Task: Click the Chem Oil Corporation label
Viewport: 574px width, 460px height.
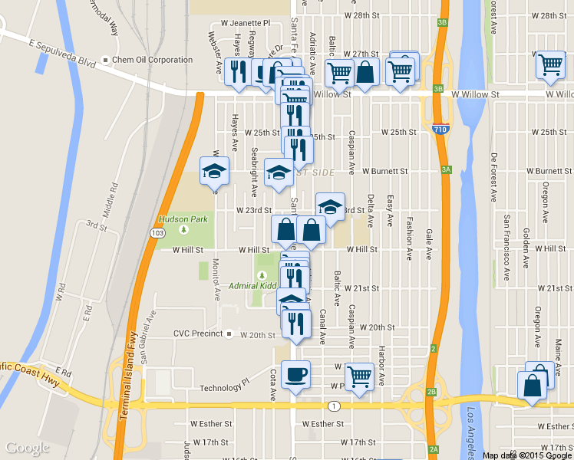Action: (x=152, y=60)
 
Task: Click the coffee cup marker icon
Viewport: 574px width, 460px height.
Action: (x=295, y=374)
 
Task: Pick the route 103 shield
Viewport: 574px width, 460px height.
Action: (x=158, y=232)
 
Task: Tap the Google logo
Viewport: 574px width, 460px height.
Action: (x=27, y=448)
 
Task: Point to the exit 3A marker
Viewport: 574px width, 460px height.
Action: (x=445, y=170)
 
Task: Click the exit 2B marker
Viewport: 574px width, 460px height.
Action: (x=431, y=392)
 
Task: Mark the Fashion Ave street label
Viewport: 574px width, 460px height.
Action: (x=410, y=238)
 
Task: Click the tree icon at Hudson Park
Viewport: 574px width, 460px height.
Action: (x=183, y=229)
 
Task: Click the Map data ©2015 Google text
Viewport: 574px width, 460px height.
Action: (x=527, y=455)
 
